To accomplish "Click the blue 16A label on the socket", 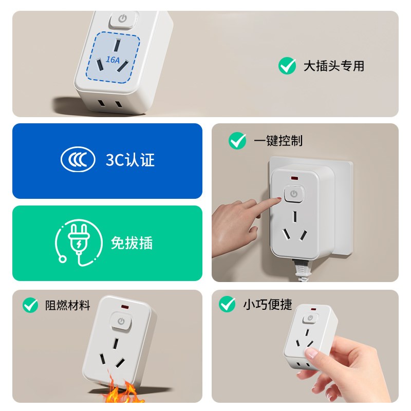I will (113, 60).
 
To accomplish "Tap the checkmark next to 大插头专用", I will (287, 66).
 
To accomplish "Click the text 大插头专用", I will (333, 66).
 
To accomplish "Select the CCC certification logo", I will (78, 160).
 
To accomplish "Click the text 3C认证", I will (130, 160).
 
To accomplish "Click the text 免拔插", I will (132, 243).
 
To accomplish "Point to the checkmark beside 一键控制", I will (237, 141).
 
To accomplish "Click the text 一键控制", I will (278, 141).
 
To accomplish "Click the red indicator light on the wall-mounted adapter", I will (295, 178).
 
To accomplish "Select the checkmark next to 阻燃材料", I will (30, 306).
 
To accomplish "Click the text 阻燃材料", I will (68, 306).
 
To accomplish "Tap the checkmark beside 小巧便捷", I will (227, 304).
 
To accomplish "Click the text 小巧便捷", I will (267, 304).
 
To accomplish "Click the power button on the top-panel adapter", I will (123, 20).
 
